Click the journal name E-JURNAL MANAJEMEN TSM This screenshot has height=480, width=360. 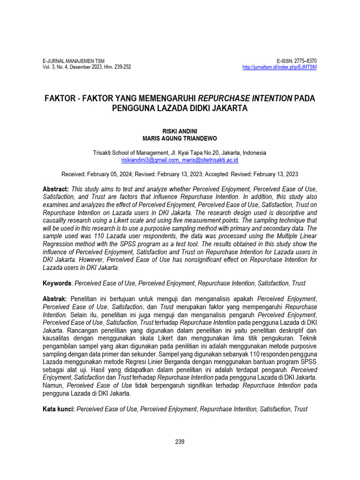[74, 61]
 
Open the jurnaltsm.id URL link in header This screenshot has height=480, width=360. [279, 67]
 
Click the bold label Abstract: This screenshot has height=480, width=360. [56, 188]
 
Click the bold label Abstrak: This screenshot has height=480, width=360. [55, 299]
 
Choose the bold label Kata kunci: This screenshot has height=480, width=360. [59, 409]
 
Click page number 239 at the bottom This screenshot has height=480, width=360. [180, 442]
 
